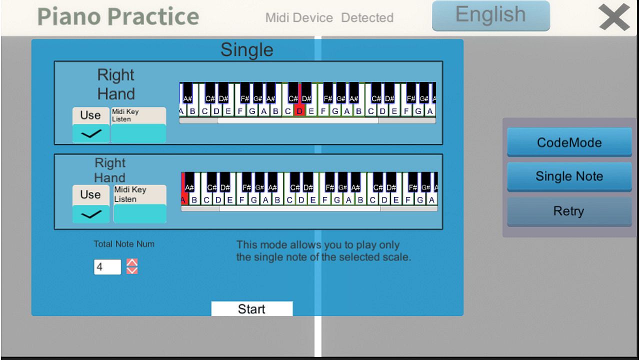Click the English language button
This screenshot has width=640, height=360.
(491, 15)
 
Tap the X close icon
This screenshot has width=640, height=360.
(614, 17)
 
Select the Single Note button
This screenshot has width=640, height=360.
(569, 176)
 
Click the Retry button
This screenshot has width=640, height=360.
(569, 211)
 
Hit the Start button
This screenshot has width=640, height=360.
(252, 309)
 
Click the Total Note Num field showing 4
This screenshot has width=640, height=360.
(107, 267)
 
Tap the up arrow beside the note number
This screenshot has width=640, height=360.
(132, 262)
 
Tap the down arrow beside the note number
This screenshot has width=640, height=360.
(132, 270)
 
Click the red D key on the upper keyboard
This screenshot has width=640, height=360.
(299, 111)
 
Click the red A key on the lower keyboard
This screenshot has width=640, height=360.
(184, 197)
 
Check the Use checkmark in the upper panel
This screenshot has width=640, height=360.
(91, 133)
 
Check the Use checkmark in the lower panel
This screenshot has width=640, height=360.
(91, 214)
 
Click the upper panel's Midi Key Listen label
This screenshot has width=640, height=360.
(125, 115)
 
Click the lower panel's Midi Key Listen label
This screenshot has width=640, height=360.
(130, 194)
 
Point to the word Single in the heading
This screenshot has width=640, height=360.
(247, 50)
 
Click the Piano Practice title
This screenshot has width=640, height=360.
(118, 16)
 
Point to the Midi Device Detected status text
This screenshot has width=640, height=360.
(329, 17)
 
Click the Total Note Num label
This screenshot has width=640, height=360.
(124, 244)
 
